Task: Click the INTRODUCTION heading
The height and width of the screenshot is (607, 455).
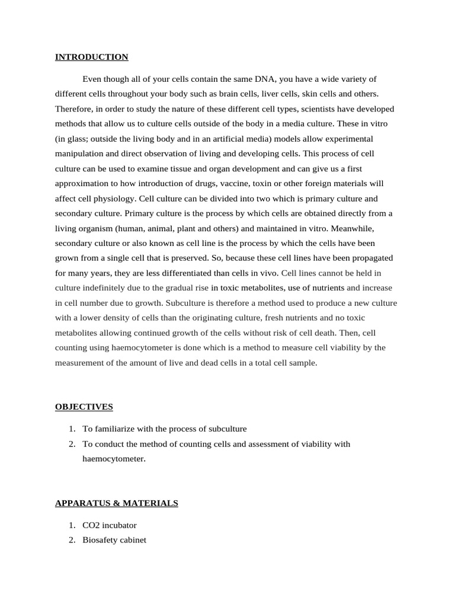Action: click(x=91, y=57)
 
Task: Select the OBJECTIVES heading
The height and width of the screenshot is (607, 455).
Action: click(x=84, y=407)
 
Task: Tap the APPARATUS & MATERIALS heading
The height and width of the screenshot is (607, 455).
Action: click(x=116, y=503)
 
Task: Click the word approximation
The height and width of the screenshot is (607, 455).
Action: click(x=82, y=183)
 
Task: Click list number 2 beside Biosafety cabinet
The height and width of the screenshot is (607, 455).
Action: click(x=71, y=540)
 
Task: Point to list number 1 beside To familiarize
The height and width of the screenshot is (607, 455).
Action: click(x=71, y=429)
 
